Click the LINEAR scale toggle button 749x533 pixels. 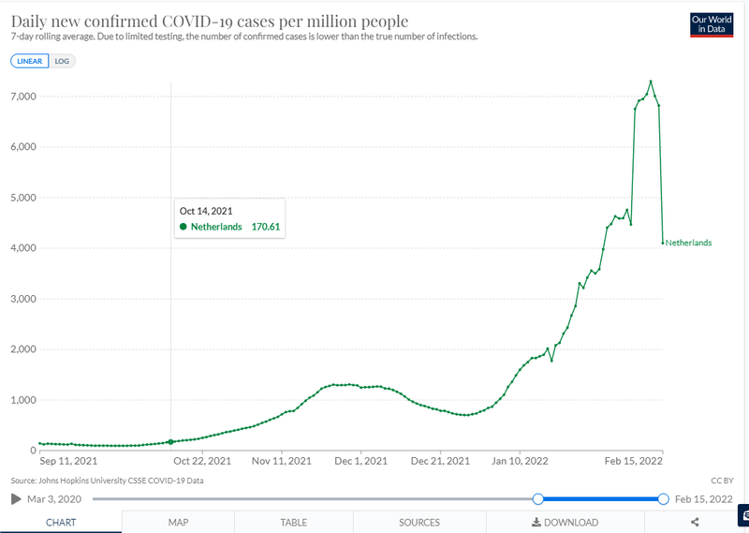click(28, 61)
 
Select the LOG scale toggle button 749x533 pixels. click(62, 61)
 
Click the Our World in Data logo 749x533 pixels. click(710, 24)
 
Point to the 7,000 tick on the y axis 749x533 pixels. click(22, 96)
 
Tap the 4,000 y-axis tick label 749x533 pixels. click(22, 248)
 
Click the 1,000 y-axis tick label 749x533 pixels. click(22, 400)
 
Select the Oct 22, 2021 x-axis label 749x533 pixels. click(202, 461)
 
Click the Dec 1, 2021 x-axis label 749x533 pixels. click(360, 461)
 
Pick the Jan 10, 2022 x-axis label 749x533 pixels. click(520, 461)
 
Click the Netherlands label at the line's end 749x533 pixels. click(688, 243)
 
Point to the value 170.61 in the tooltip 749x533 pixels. click(266, 227)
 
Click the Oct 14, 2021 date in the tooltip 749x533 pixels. click(206, 211)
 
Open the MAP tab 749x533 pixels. click(179, 523)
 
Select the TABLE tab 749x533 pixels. click(294, 523)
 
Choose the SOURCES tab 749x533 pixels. click(419, 523)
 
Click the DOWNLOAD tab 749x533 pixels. click(565, 523)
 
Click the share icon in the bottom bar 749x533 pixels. click(695, 523)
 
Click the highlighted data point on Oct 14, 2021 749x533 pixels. click(170, 441)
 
